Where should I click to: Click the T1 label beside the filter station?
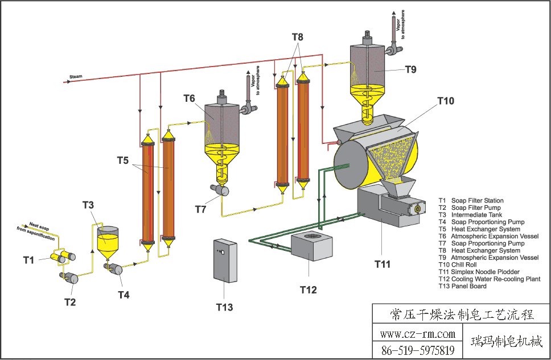(29, 260)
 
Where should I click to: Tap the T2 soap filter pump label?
(69, 301)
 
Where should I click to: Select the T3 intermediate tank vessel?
(108, 242)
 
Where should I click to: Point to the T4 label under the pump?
(124, 295)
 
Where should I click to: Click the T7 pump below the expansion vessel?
(220, 191)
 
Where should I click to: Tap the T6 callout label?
(189, 98)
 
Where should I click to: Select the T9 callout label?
(411, 69)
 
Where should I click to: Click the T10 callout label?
(446, 101)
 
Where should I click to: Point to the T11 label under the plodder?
(384, 263)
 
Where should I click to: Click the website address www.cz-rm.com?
(417, 334)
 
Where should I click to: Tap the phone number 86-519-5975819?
(417, 350)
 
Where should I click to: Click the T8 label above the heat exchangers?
(298, 37)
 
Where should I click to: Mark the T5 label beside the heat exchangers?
(123, 160)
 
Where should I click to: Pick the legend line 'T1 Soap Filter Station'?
(471, 200)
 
